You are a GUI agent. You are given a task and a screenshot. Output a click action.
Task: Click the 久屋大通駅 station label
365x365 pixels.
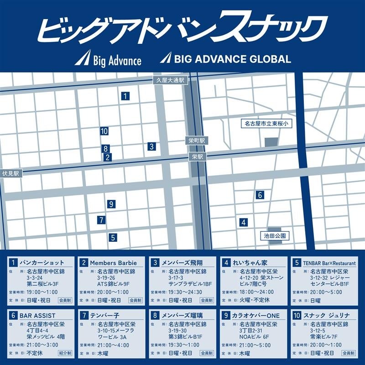pyautogui.click(x=169, y=80)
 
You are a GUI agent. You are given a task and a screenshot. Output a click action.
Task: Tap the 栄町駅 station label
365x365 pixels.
pyautogui.click(x=197, y=141)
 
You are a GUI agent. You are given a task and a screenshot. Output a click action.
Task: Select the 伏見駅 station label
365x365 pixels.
pyautogui.click(x=10, y=174)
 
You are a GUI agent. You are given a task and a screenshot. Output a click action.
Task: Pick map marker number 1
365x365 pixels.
pyautogui.click(x=125, y=96)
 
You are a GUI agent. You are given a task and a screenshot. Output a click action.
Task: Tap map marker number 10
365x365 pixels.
pyautogui.click(x=104, y=131)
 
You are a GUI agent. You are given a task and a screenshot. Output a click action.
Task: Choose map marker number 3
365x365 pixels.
pyautogui.click(x=151, y=146)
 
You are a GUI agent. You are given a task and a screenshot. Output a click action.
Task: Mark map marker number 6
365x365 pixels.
pyautogui.click(x=260, y=195)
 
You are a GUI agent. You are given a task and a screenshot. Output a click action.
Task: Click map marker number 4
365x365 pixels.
pyautogui.click(x=244, y=222)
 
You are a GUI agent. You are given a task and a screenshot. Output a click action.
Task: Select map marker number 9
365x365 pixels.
pyautogui.click(x=111, y=204)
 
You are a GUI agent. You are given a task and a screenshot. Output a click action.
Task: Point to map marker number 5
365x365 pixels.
pyautogui.click(x=112, y=237)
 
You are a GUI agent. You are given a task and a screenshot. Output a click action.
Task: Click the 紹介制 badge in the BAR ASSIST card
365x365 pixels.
pyautogui.click(x=64, y=353)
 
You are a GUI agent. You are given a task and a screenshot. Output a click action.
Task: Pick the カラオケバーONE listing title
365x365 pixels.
pyautogui.click(x=257, y=315)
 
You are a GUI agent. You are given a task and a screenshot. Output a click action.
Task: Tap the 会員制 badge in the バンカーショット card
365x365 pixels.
pyautogui.click(x=64, y=300)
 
